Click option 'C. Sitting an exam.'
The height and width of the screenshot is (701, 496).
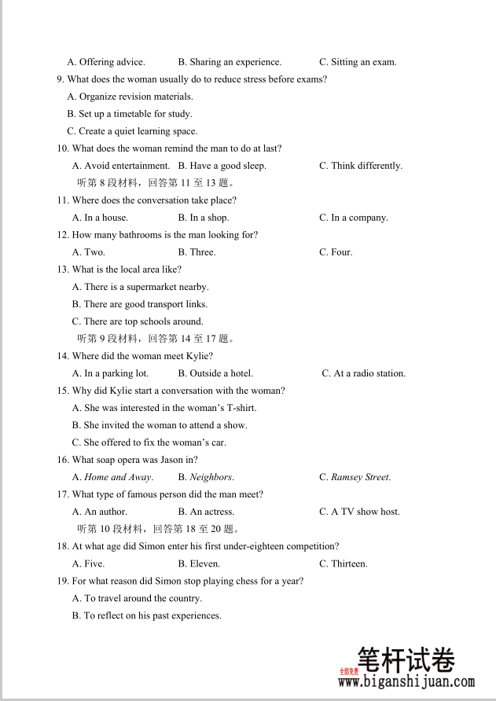358,62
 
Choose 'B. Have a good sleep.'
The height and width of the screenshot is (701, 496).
222,166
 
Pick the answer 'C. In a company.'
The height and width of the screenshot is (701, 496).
354,218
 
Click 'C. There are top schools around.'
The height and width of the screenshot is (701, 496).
138,321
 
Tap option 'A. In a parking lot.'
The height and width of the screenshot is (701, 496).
110,373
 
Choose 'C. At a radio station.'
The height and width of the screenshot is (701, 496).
364,373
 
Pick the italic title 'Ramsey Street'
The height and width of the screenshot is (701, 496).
360,477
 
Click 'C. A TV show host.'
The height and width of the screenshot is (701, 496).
359,512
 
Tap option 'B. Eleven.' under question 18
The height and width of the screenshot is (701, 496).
199,563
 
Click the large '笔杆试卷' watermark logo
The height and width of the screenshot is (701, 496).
406,659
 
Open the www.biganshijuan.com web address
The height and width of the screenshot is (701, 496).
406,683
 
